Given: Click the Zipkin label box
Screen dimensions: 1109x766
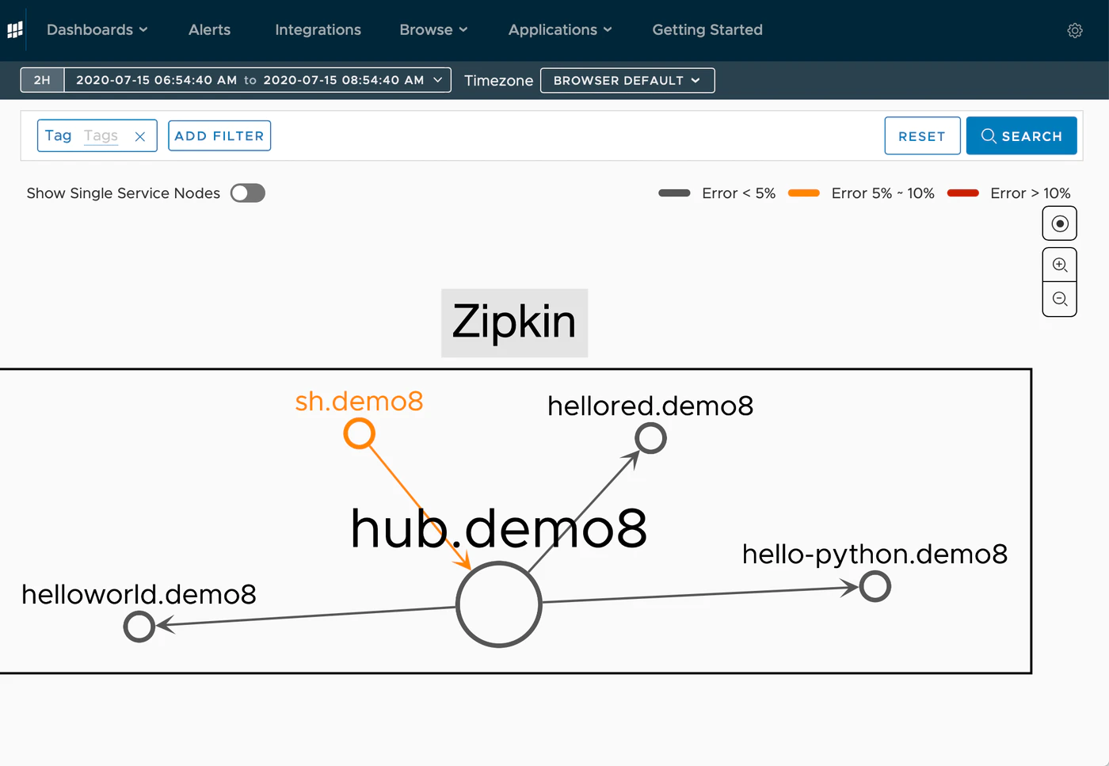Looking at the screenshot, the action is click(514, 323).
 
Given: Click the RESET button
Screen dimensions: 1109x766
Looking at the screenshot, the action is click(922, 135).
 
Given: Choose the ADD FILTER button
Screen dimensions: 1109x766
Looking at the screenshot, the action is click(219, 135).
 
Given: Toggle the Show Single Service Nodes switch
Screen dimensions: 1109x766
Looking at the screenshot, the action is click(247, 193).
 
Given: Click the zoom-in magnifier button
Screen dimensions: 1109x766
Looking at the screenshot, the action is click(1060, 265).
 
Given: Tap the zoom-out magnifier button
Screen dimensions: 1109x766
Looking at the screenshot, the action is click(1060, 299).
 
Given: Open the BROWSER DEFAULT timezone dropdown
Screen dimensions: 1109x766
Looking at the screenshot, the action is click(627, 80).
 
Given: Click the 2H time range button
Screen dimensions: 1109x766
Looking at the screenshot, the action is click(42, 80).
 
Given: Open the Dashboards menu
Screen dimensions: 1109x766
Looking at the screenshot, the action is click(97, 30).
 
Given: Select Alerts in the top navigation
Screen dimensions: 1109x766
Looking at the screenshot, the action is click(209, 30).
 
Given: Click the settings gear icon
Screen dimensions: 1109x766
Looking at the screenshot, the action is click(1074, 31).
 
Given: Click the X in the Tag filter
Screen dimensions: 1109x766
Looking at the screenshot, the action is click(140, 137).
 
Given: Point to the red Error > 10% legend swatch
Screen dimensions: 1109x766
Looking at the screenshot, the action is click(962, 193).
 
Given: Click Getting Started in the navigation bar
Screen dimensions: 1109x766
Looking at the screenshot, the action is click(707, 30).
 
